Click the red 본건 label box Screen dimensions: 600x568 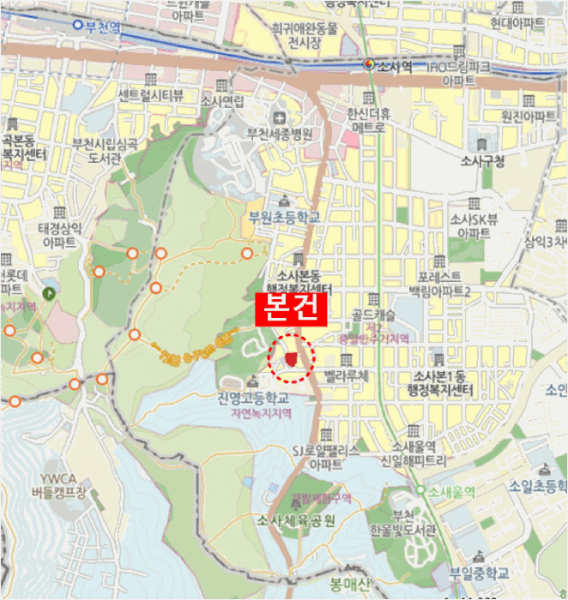coord(290,309)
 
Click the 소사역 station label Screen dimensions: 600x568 coord(395,66)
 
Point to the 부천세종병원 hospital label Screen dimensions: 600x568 coord(280,134)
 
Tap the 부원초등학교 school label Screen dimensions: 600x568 coord(284,218)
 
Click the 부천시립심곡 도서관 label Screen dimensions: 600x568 coord(106,152)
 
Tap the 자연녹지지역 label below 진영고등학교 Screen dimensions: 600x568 coord(261,413)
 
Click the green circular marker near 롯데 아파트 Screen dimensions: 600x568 coord(51,292)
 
